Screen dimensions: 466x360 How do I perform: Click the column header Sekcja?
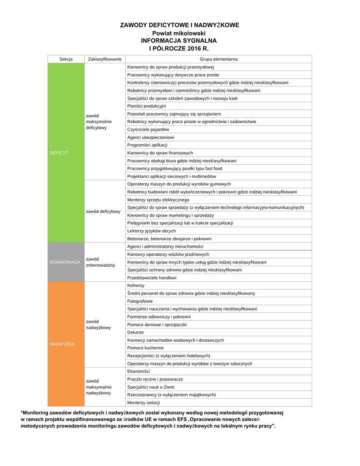(x=66, y=59)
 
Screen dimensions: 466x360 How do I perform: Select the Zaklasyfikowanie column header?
(x=105, y=59)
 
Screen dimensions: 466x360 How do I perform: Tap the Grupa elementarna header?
(x=218, y=59)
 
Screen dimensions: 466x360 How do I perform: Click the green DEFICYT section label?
(x=59, y=153)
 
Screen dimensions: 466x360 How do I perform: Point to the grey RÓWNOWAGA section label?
(x=65, y=262)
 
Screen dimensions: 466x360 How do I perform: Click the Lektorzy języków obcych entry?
(x=152, y=231)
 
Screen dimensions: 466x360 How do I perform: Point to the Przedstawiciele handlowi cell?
(x=152, y=278)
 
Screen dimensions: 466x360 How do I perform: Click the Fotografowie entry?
(x=140, y=301)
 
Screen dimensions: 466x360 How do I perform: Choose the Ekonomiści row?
(x=138, y=371)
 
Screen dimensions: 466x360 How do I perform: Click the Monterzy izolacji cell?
(x=143, y=402)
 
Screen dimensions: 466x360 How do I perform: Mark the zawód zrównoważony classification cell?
(x=101, y=262)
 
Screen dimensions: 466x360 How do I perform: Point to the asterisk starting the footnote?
(x=22, y=412)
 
